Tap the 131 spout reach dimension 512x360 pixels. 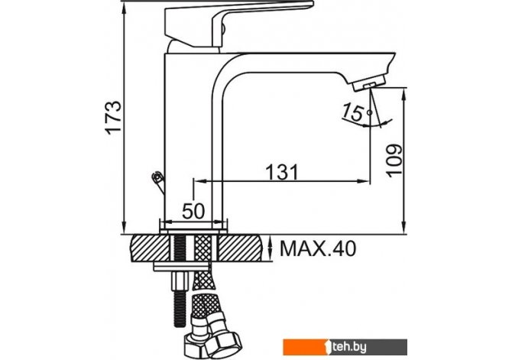tap(282, 172)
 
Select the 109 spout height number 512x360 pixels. tap(394, 160)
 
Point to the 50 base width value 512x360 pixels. tap(193, 211)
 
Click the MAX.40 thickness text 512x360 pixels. tap(318, 249)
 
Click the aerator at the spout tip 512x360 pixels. tap(369, 83)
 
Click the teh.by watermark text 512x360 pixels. tap(349, 347)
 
